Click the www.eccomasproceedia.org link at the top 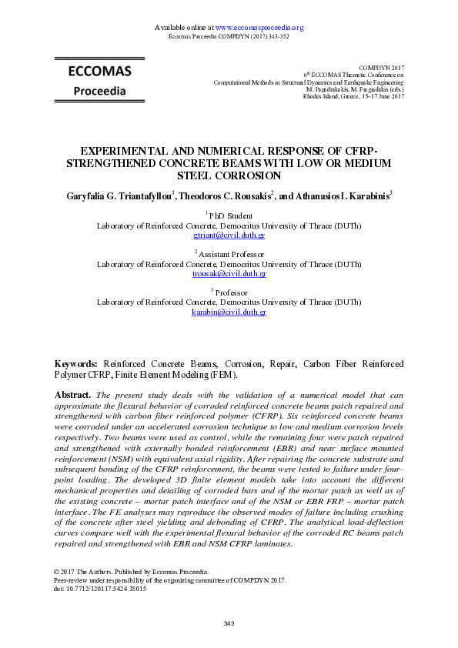259,28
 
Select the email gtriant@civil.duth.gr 229,235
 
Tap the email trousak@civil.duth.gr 229,274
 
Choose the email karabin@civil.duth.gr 229,312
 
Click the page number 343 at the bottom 229,623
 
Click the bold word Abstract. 72,395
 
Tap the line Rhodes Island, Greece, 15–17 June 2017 353,96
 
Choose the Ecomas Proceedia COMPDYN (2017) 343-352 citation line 229,36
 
